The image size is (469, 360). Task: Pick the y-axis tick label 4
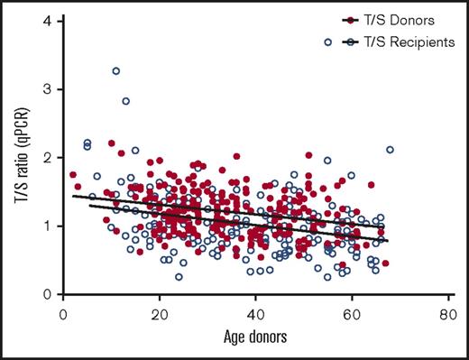click(x=44, y=21)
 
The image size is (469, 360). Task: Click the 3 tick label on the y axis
click(x=44, y=89)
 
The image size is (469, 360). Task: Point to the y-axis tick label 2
click(x=44, y=158)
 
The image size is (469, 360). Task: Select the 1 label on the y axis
click(x=44, y=226)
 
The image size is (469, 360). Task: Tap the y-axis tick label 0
click(x=44, y=294)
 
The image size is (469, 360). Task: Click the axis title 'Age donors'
click(x=255, y=339)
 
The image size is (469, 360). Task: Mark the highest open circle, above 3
click(x=116, y=70)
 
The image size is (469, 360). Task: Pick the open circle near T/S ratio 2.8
click(x=126, y=101)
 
